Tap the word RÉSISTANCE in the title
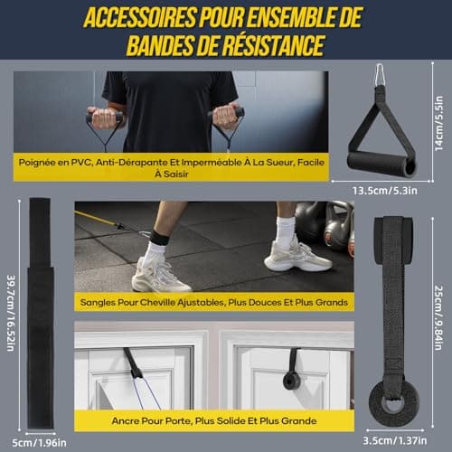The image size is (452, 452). point(276,45)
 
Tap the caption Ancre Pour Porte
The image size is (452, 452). point(214,420)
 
